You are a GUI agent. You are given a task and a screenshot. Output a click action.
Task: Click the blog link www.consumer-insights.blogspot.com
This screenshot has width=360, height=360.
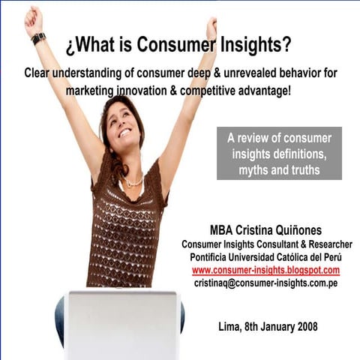pyautogui.click(x=265, y=270)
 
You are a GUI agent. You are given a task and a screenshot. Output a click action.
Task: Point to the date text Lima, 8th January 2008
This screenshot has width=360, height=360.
pyautogui.click(x=265, y=326)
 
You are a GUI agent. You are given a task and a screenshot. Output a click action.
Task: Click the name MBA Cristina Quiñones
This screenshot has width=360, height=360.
pyautogui.click(x=265, y=229)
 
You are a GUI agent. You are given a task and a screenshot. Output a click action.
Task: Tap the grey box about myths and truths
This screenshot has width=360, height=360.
pyautogui.click(x=279, y=153)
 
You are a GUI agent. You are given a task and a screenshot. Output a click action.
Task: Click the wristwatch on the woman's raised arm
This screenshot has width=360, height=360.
pyautogui.click(x=38, y=38)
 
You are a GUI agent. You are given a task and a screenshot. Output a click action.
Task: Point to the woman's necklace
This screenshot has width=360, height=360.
pyautogui.click(x=133, y=182)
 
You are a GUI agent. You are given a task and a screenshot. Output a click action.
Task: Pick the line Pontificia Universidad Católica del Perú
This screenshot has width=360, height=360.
pyautogui.click(x=265, y=257)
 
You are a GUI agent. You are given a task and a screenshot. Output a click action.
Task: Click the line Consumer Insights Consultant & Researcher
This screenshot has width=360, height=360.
pyautogui.click(x=265, y=244)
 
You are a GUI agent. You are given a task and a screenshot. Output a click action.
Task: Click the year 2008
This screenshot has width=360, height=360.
pyautogui.click(x=304, y=326)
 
